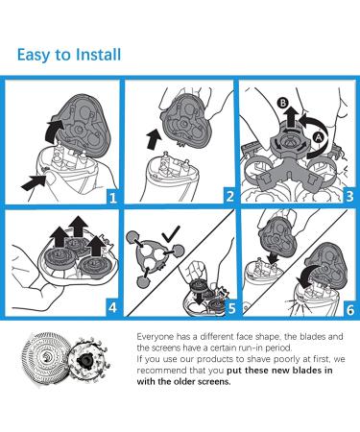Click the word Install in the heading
point(99,54)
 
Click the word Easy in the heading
point(34,55)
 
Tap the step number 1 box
point(112,197)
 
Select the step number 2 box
point(229,196)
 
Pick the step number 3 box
point(349,196)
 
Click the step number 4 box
point(112,308)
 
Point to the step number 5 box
point(231,308)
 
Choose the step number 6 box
point(350,309)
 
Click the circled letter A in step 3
point(318,137)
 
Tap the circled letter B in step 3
point(282,103)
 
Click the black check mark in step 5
point(171,234)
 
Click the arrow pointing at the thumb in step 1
point(34,182)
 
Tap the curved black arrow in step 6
point(306,275)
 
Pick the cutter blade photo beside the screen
point(88,360)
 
